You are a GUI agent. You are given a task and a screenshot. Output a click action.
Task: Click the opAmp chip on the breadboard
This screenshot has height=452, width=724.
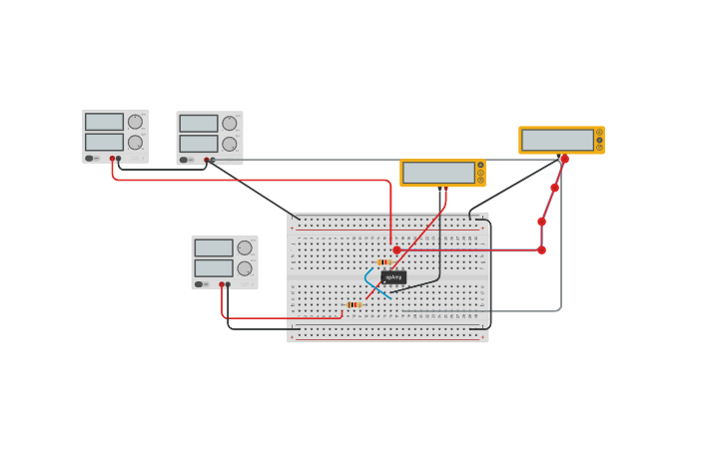393,276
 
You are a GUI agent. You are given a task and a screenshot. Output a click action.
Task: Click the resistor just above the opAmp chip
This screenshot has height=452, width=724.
384,262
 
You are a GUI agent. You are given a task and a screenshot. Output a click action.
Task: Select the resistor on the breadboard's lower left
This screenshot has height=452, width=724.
354,304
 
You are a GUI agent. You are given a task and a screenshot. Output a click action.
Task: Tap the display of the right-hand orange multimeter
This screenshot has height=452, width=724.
557,140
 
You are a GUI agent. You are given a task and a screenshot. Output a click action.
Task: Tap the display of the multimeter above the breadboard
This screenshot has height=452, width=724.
438,173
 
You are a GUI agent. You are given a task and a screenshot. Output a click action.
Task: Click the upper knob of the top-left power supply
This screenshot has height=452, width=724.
135,122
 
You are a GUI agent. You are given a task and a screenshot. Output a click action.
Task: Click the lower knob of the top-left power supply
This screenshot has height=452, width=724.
135,143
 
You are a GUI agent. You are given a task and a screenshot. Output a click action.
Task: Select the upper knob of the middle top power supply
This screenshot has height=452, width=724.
230,124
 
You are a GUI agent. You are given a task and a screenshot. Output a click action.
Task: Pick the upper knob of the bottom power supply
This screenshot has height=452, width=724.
245,248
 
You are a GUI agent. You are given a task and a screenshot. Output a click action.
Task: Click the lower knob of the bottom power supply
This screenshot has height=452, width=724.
245,268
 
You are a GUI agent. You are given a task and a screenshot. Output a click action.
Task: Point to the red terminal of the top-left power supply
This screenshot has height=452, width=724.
112,159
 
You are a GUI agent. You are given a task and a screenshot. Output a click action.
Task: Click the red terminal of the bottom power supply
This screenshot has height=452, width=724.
222,284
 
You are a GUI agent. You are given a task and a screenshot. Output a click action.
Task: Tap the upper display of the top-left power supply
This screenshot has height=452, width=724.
104,122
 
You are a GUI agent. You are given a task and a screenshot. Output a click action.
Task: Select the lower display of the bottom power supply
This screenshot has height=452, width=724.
214,268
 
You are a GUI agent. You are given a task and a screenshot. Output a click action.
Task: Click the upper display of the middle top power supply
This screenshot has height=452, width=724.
199,124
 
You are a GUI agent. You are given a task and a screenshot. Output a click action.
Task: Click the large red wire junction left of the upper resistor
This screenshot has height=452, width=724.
396,250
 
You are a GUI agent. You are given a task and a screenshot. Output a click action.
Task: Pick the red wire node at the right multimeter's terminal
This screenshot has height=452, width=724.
564,159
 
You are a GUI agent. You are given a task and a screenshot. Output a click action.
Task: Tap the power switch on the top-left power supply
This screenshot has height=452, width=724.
90,159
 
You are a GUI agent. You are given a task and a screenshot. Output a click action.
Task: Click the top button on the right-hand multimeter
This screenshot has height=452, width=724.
599,133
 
